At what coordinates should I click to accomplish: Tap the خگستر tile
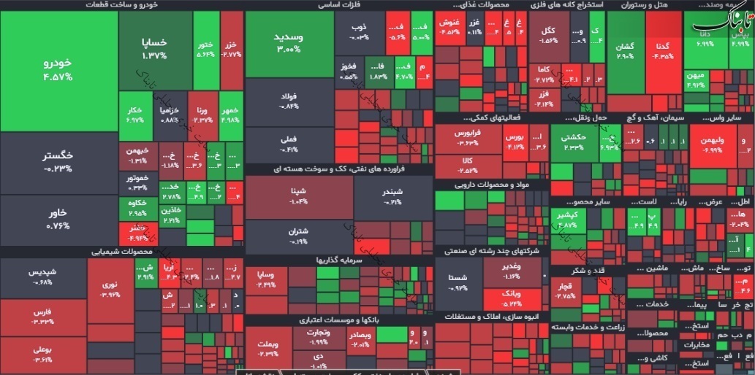58,161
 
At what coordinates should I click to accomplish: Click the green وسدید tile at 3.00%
289,44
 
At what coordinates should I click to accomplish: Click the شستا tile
458,282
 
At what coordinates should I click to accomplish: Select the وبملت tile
268,348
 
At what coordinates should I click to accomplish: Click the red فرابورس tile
466,139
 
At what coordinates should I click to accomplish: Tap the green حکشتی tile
574,142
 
